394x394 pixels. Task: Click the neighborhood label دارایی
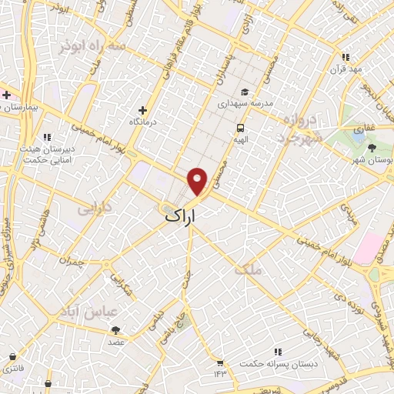tap(95, 207)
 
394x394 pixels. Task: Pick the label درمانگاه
tap(143, 122)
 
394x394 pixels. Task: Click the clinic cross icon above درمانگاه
tap(142, 110)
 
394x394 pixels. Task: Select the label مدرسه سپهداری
tap(244, 102)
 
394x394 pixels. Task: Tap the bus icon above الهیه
tap(241, 128)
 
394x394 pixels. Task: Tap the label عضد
tap(115, 341)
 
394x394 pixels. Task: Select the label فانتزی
tap(12, 368)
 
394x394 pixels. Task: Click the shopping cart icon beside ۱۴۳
tap(221, 362)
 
